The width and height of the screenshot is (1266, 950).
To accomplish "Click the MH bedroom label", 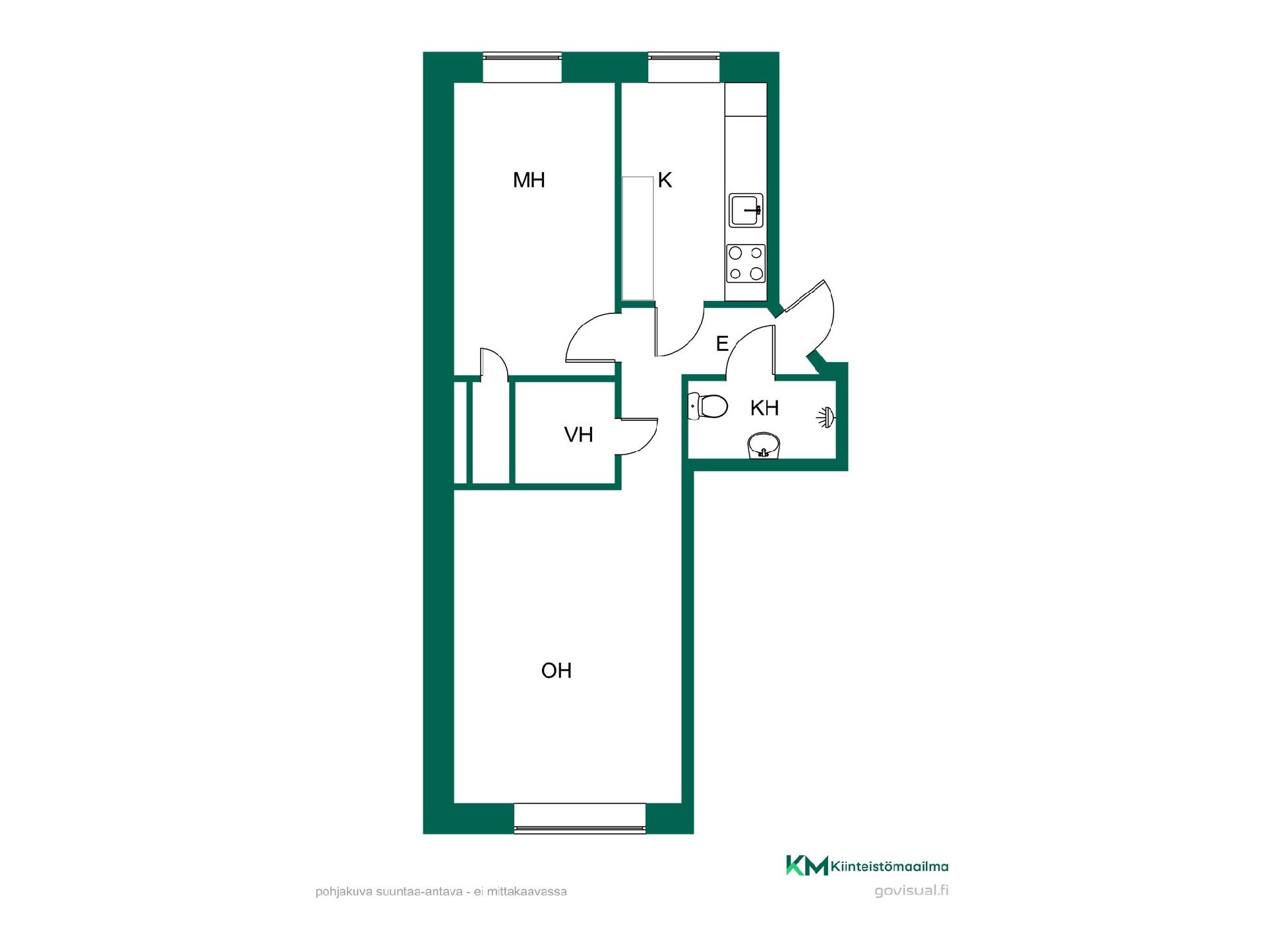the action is tap(529, 180).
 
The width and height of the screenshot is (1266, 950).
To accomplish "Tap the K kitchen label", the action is tap(665, 180).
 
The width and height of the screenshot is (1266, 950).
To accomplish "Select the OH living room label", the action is tap(556, 671).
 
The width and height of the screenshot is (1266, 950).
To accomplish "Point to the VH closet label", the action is tap(578, 435).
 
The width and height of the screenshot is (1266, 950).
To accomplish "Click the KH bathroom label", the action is tap(765, 408).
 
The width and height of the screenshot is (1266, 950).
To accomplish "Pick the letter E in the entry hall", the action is tap(722, 344).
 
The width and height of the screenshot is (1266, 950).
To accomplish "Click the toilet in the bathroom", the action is tap(707, 406).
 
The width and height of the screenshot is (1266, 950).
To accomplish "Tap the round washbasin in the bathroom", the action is tap(764, 445).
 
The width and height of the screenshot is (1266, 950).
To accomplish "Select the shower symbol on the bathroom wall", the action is tap(826, 417).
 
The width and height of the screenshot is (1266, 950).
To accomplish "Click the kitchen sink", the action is tap(746, 210).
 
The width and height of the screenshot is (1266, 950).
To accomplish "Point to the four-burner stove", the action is tap(746, 263).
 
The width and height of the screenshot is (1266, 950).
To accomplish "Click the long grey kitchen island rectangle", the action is tap(638, 238).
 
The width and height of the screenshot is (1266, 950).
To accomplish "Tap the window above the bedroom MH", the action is tap(522, 67).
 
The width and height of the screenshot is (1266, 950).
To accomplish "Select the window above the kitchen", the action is tap(684, 67).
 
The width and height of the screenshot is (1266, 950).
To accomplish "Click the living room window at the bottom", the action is tap(580, 818).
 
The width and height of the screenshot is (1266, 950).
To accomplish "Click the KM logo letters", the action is tap(807, 866).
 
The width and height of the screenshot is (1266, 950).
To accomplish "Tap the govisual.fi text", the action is tap(911, 891).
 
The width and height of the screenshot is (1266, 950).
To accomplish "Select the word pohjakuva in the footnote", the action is tap(344, 892).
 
